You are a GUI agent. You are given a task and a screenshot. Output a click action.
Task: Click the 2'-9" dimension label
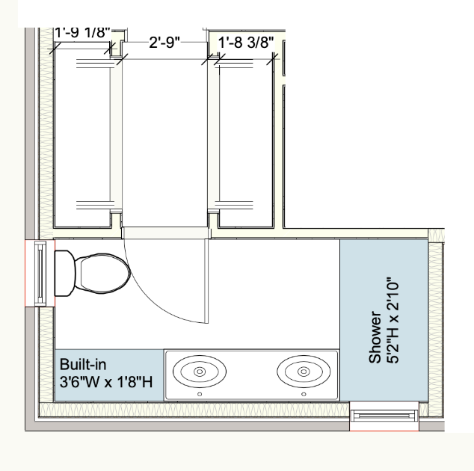(164, 43)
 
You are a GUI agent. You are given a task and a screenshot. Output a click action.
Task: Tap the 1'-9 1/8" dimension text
(82, 33)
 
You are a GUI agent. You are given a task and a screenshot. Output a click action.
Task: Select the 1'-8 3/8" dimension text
(246, 43)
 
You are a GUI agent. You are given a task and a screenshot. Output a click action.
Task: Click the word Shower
(375, 336)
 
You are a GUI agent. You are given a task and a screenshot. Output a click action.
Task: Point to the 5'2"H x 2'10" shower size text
(393, 320)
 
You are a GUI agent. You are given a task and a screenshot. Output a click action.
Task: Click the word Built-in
(83, 364)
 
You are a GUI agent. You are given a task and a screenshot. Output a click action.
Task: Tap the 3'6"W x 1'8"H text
(106, 382)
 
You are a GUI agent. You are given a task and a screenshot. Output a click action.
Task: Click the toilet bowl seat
(102, 274)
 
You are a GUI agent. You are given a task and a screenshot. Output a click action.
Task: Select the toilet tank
(65, 274)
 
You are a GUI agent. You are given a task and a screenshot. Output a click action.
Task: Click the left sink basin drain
(200, 372)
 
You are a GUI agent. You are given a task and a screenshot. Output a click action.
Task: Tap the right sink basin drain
(304, 372)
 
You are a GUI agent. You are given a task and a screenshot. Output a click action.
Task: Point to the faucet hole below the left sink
(200, 394)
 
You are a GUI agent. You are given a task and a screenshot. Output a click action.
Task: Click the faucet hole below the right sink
(304, 394)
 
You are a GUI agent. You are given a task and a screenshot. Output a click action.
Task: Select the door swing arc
(149, 298)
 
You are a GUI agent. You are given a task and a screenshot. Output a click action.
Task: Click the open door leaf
(207, 281)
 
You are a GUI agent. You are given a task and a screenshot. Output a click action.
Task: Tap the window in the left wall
(40, 274)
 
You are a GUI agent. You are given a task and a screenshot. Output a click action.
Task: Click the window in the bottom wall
(384, 416)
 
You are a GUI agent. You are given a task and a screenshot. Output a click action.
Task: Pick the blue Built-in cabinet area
(109, 375)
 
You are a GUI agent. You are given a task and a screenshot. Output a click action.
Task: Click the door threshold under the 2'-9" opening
(166, 233)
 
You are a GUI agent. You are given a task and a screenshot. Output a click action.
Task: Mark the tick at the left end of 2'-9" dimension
(122, 59)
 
